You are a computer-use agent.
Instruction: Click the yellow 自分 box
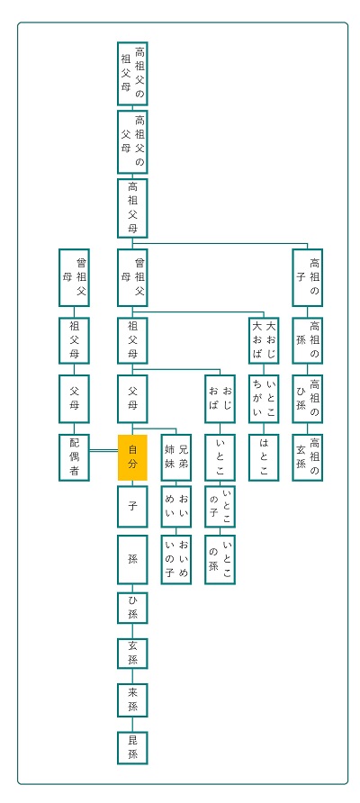[x=132, y=457]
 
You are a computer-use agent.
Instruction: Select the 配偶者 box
[x=75, y=457]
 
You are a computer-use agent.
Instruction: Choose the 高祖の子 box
[x=307, y=277]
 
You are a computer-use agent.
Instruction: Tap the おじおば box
[x=220, y=398]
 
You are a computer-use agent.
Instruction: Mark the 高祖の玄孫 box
[x=307, y=457]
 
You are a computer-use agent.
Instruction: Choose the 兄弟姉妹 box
[x=176, y=457]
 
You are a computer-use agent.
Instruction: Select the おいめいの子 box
[x=176, y=559]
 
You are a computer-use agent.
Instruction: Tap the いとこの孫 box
[x=220, y=559]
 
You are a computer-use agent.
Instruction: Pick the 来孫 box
[x=132, y=699]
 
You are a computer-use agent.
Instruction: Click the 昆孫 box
[x=132, y=748]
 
